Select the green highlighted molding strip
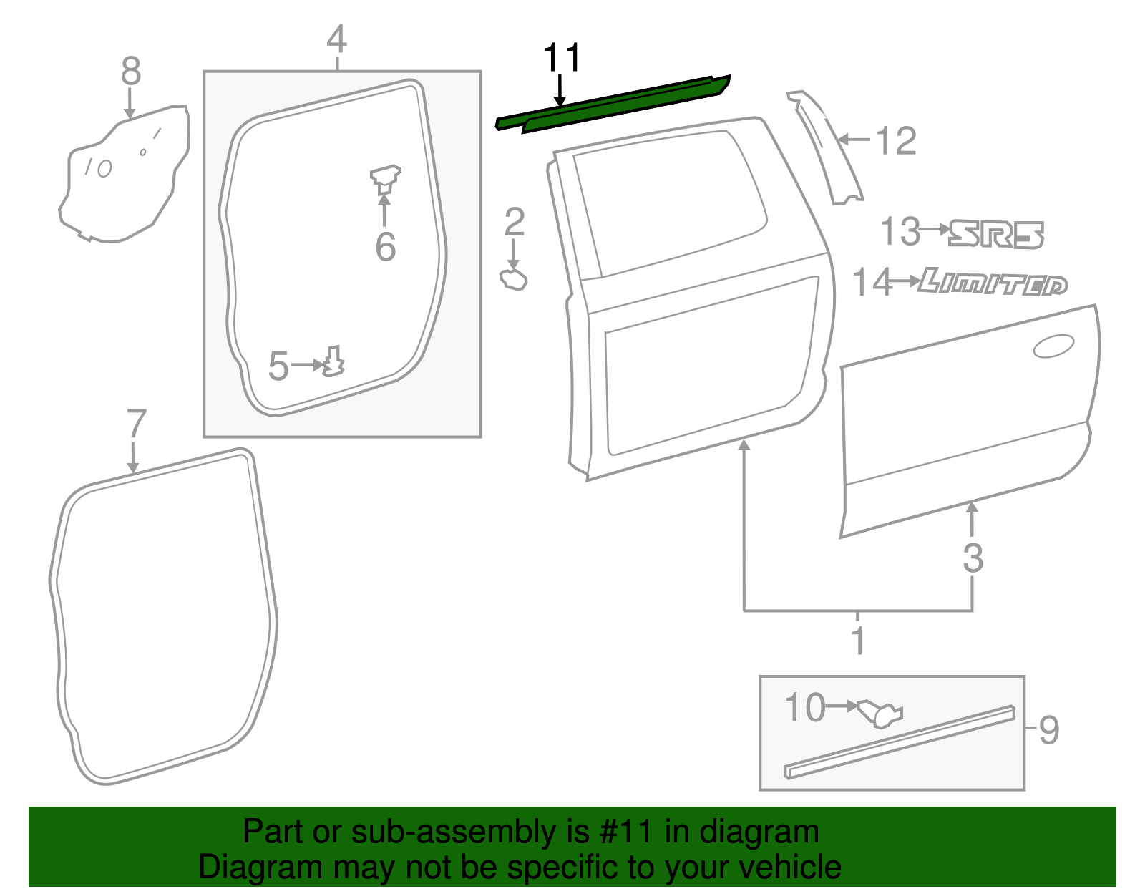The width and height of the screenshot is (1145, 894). click(613, 104)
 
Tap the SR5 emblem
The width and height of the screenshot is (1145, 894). click(996, 234)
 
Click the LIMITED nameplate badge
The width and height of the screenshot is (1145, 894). click(993, 282)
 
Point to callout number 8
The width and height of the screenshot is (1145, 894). click(131, 71)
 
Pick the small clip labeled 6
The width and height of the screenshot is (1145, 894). click(385, 179)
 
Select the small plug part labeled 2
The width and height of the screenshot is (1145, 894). click(513, 280)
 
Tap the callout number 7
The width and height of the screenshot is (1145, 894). click(136, 423)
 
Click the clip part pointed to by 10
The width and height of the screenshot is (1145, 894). click(879, 714)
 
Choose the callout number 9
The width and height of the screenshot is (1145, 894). click(1048, 730)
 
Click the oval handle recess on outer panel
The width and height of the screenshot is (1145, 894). click(1054, 346)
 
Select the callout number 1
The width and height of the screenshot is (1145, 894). click(858, 640)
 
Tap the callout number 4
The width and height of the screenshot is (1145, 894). click(337, 39)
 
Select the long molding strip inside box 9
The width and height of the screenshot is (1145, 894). click(900, 742)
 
